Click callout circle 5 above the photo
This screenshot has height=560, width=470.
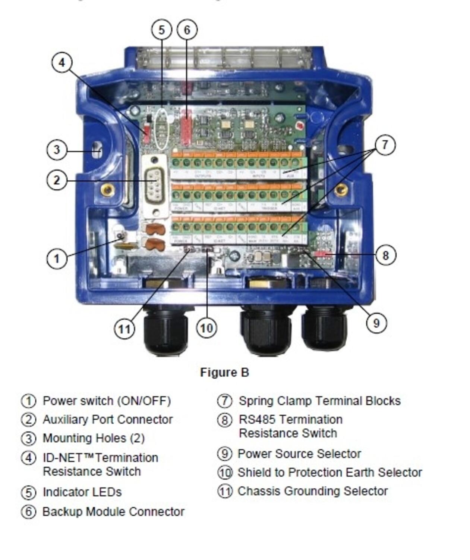coord(161,29)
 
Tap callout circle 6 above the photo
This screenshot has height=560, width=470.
coord(187,29)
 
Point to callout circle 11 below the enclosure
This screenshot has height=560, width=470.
coord(124,329)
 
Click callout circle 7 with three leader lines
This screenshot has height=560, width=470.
coord(385,144)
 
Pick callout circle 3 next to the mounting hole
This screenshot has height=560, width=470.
coord(57,150)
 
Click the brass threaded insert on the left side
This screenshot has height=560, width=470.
coord(108,190)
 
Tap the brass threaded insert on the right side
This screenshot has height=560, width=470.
coord(340,190)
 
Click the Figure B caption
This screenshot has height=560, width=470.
coord(224,372)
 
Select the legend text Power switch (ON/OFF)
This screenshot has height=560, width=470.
coord(107,401)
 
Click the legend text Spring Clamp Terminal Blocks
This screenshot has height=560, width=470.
coord(319,401)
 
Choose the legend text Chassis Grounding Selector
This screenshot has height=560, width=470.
coord(312,491)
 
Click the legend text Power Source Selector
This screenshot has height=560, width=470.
coord(299,454)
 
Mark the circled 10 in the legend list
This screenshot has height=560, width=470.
coord(225,473)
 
